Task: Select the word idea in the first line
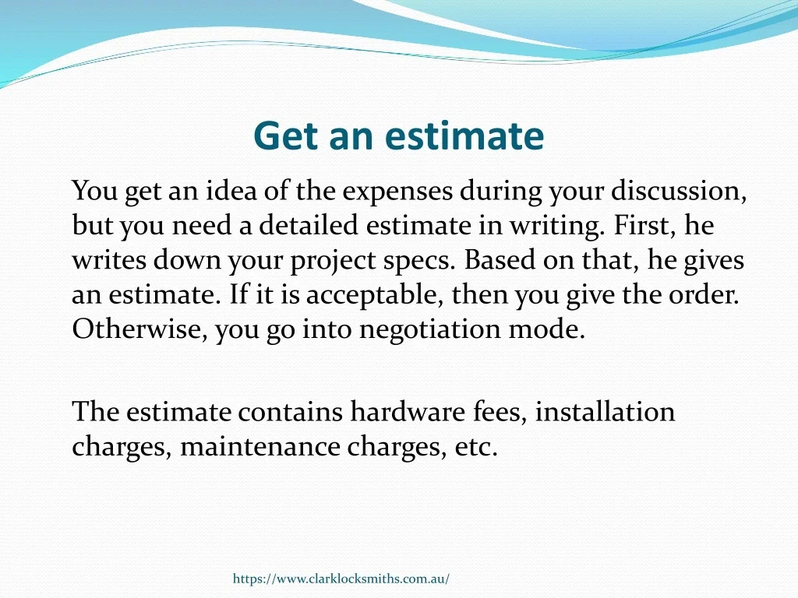(x=231, y=191)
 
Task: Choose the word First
(x=645, y=225)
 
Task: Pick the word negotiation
(x=430, y=330)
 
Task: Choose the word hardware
(x=408, y=411)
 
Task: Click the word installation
(x=605, y=411)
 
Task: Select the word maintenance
(x=260, y=447)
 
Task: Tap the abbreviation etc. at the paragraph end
(x=476, y=447)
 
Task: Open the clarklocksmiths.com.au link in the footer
(x=341, y=579)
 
